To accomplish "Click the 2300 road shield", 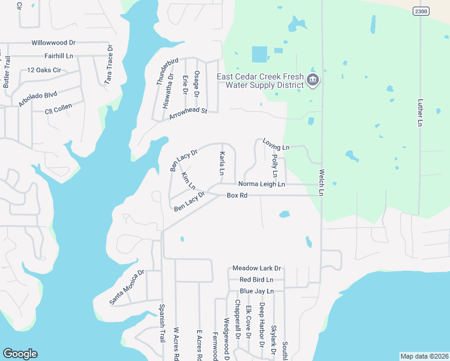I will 421,11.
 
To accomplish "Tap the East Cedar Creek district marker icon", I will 312,81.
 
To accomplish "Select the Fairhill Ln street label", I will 59,56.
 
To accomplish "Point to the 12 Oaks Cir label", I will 45,70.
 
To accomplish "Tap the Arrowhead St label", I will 188,113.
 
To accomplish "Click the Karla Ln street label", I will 222,163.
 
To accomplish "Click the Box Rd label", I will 237,196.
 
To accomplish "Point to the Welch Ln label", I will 322,180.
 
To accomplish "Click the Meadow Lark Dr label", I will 257,268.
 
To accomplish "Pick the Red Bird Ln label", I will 256,280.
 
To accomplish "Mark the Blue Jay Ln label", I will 256,291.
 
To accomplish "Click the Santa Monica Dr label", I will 127,286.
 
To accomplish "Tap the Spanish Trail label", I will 162,324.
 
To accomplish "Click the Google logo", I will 20,354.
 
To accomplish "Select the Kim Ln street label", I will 188,179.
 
